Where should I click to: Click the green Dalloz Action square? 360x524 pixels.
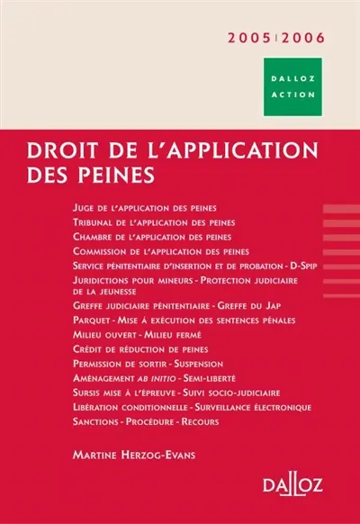pos(293,86)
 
